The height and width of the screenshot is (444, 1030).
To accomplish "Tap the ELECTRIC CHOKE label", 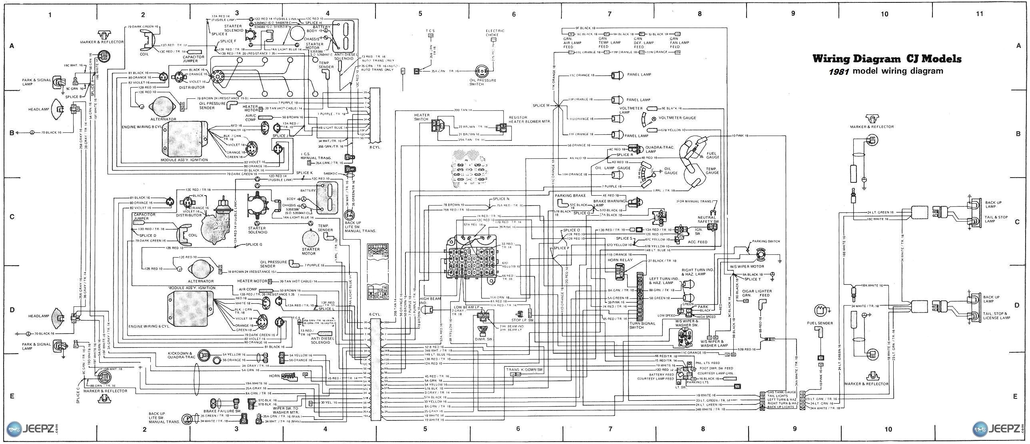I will pos(495,32).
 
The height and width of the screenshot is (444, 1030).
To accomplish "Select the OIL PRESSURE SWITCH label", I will pos(483,82).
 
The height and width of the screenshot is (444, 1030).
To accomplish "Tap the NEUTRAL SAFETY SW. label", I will pos(707,219).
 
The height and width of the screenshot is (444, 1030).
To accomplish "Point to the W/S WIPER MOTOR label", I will pos(747,266).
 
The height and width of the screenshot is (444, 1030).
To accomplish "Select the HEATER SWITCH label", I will pos(422,117).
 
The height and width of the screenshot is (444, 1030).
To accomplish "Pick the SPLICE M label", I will pos(541,106).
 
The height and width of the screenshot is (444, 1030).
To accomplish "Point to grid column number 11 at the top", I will pos(979,14).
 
